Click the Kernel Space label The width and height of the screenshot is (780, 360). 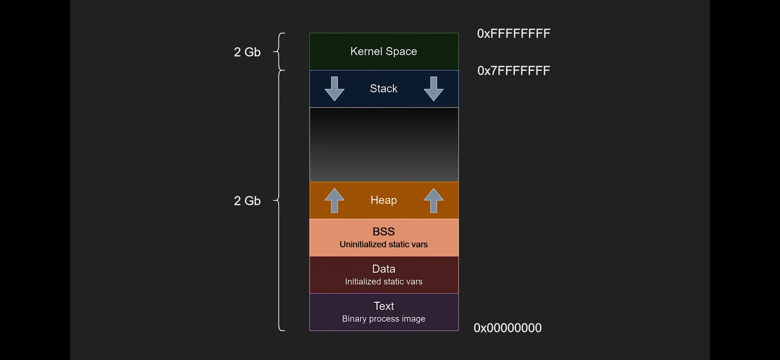pyautogui.click(x=384, y=51)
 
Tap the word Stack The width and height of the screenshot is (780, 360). pyautogui.click(x=384, y=88)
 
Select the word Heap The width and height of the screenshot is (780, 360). pyautogui.click(x=384, y=200)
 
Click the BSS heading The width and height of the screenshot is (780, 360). pyautogui.click(x=384, y=231)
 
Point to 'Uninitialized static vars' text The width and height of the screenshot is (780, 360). pyautogui.click(x=384, y=244)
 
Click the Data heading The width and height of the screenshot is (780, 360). pyautogui.click(x=384, y=269)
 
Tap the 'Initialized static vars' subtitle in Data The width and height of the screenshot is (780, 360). pyautogui.click(x=384, y=282)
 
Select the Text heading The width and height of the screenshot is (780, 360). pyautogui.click(x=384, y=306)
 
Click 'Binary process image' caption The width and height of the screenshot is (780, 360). pyautogui.click(x=384, y=319)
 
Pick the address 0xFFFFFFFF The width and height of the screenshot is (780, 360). pyautogui.click(x=514, y=34)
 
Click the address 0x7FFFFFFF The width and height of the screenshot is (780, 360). pyautogui.click(x=514, y=71)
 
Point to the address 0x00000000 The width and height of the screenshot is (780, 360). pyautogui.click(x=508, y=328)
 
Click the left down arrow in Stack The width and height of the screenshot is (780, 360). pyautogui.click(x=334, y=89)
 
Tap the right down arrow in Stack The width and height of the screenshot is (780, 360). pyautogui.click(x=433, y=89)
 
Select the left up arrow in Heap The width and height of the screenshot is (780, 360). pyautogui.click(x=334, y=200)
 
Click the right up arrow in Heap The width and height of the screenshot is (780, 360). pyautogui.click(x=433, y=200)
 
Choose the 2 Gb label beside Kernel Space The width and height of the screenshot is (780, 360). pyautogui.click(x=247, y=52)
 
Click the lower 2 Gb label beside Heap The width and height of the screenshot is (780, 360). pyautogui.click(x=247, y=201)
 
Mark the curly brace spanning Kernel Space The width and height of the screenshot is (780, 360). pyautogui.click(x=279, y=52)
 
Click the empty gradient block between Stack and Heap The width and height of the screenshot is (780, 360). pyautogui.click(x=384, y=144)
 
